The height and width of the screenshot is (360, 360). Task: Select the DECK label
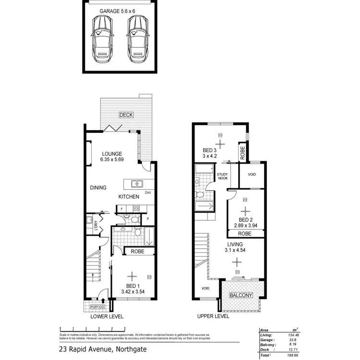click(126, 115)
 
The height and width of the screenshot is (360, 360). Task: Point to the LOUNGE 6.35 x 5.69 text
click(112, 156)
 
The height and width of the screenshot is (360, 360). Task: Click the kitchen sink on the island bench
click(137, 183)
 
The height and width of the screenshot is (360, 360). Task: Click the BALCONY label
click(241, 295)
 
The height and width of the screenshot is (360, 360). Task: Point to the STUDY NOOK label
click(222, 177)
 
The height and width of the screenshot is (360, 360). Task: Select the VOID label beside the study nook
click(252, 175)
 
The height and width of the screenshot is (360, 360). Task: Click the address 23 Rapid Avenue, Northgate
click(103, 349)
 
